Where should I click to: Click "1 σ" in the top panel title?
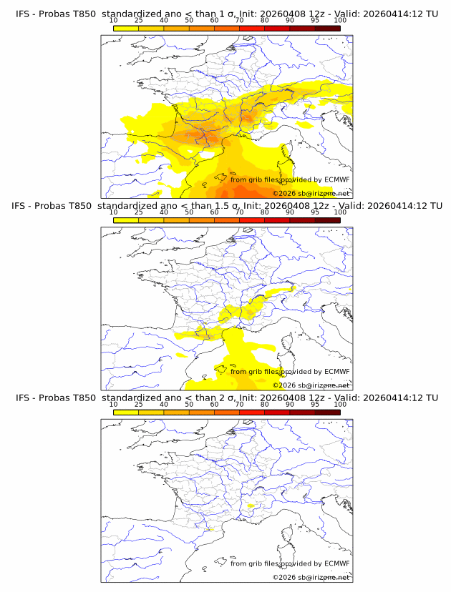224,14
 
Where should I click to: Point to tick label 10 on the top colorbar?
113,20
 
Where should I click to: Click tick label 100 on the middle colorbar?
340,212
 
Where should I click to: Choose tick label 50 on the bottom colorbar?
189,403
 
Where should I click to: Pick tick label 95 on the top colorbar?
315,20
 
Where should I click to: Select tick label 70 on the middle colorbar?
239,212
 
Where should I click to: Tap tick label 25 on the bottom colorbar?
138,403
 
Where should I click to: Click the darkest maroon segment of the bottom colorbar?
327,412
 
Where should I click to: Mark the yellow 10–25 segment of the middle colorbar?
126,220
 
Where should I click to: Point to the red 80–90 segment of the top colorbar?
277,29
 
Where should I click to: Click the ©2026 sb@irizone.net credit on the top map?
311,194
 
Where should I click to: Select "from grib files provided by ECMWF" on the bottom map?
290,563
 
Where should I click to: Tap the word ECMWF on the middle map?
336,372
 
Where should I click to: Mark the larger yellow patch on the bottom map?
251,505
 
